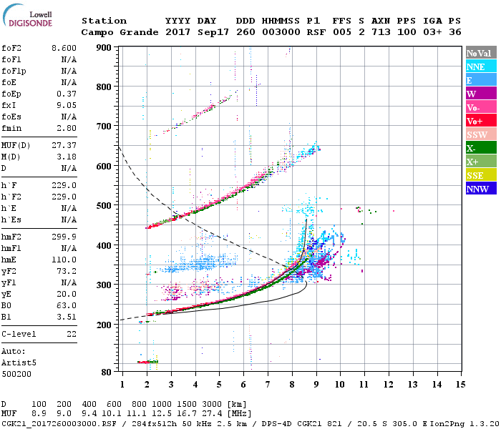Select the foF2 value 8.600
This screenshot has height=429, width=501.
pyautogui.click(x=64, y=48)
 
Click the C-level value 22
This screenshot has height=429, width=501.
pyautogui.click(x=70, y=334)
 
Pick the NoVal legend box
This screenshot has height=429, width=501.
pyautogui.click(x=481, y=53)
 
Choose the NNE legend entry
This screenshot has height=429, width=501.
pyautogui.click(x=481, y=66)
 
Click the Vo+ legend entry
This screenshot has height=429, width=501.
pyautogui.click(x=481, y=121)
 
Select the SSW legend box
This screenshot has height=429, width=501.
pyautogui.click(x=481, y=134)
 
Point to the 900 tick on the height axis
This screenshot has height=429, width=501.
pyautogui.click(x=104, y=48)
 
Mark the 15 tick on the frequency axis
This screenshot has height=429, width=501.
pyautogui.click(x=462, y=385)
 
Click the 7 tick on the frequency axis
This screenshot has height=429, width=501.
pyautogui.click(x=268, y=385)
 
